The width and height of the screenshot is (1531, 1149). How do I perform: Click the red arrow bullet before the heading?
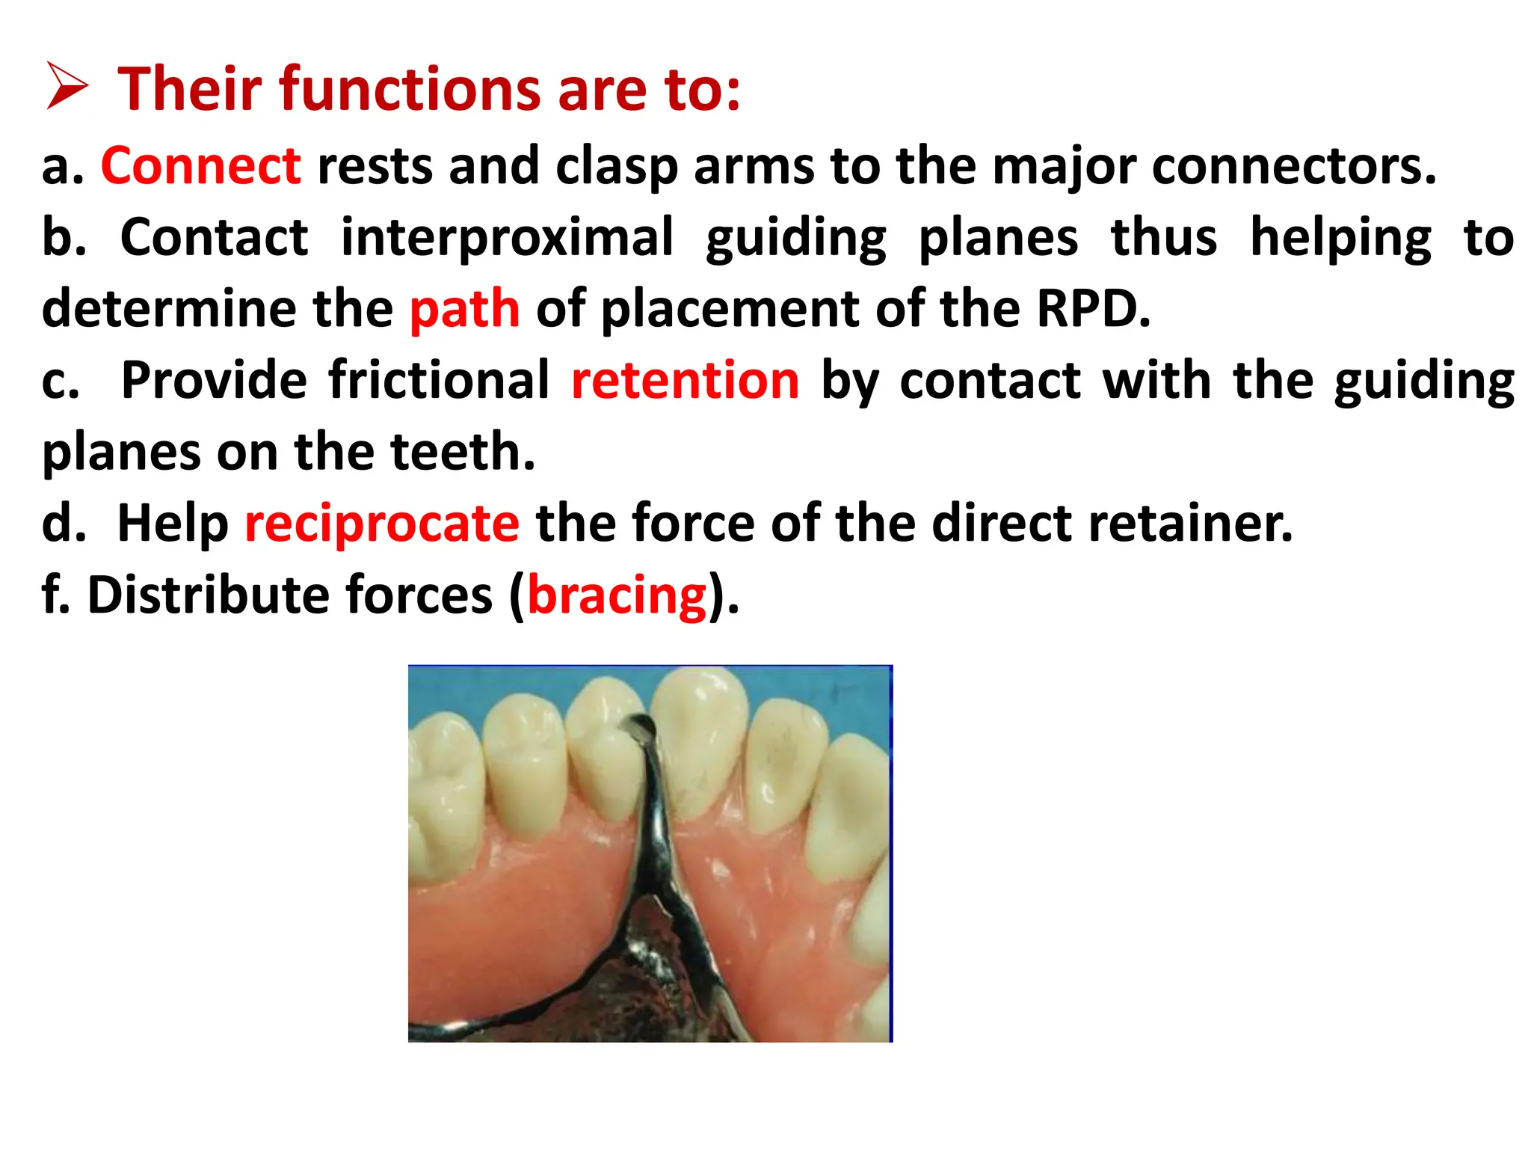click(67, 88)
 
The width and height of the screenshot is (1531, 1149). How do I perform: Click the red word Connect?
click(200, 166)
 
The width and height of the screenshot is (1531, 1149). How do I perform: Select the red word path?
click(464, 309)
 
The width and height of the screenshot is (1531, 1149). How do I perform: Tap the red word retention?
click(685, 381)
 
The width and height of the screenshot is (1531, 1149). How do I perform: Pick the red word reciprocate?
click(382, 524)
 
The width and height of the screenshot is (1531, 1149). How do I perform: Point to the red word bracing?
click(617, 596)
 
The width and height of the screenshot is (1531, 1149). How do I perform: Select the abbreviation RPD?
click(1091, 309)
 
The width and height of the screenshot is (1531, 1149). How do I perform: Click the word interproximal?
click(507, 237)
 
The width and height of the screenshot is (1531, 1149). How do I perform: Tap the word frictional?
click(439, 381)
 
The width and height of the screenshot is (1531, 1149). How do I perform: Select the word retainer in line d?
click(1189, 524)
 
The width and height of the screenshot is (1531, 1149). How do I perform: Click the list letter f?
click(52, 596)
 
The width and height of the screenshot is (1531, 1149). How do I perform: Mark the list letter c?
click(60, 382)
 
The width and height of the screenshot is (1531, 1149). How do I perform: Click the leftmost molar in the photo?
click(441, 793)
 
